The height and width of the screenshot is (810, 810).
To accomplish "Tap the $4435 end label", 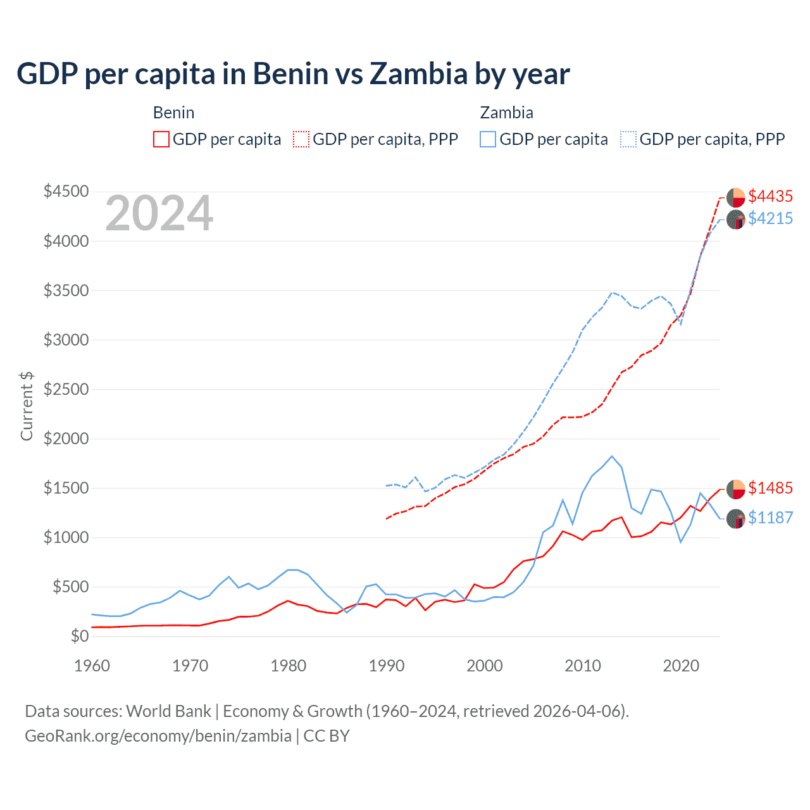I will [x=770, y=197].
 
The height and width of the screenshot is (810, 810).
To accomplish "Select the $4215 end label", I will [x=770, y=219].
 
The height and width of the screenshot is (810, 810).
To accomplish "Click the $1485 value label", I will [x=770, y=489].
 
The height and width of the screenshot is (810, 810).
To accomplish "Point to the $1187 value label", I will [x=770, y=518].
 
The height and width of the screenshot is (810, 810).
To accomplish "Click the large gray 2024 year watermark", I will [x=159, y=214].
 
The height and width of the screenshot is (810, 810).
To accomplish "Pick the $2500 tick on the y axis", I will [x=66, y=389].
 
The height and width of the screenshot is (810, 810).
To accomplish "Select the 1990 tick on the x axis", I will [x=387, y=666].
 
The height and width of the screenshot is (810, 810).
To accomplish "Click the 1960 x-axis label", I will [x=92, y=666].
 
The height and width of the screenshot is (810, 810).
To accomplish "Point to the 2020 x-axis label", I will [x=680, y=666].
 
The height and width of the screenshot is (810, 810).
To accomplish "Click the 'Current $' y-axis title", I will [x=27, y=406].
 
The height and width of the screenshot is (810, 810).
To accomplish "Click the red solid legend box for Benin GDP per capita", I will [x=161, y=139].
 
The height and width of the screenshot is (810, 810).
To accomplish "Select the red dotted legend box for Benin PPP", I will [x=302, y=139].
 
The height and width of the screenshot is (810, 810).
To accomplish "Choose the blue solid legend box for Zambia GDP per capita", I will [x=488, y=139].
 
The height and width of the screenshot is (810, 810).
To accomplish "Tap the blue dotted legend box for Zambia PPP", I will [x=628, y=139].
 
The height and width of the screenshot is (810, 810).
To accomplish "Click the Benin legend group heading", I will [x=173, y=113].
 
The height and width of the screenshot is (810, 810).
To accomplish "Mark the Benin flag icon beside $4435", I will [x=735, y=197].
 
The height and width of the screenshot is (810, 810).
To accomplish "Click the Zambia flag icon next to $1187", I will [x=735, y=519].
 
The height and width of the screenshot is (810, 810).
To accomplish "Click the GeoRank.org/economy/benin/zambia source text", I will [x=158, y=736].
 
